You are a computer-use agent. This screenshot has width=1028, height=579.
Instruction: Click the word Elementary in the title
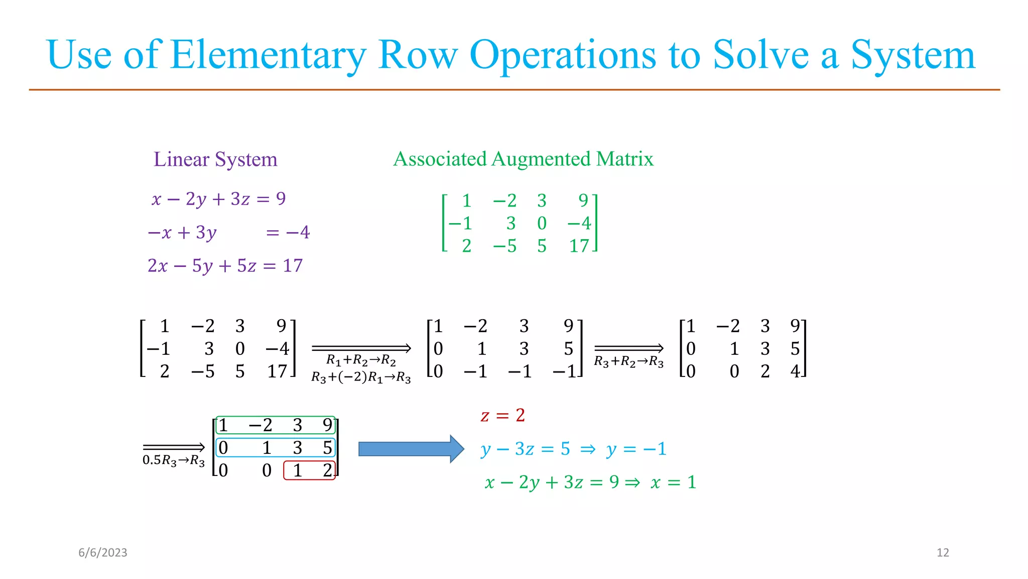tap(269, 55)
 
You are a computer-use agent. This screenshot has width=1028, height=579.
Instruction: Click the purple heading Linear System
tap(215, 159)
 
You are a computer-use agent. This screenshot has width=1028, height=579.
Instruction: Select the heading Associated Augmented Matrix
tap(523, 159)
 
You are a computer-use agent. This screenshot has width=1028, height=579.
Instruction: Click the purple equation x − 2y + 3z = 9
tap(219, 199)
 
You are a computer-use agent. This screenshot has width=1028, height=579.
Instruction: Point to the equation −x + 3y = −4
tap(229, 232)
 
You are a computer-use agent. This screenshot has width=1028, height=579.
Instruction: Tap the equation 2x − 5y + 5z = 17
tap(225, 265)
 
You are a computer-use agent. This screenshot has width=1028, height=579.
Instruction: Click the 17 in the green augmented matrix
tap(579, 246)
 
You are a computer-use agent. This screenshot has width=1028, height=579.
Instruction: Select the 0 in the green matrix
tap(542, 223)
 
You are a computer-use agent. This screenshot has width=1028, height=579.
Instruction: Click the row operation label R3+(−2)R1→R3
tap(361, 377)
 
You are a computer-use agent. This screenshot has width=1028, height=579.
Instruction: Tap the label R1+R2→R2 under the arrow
tap(361, 360)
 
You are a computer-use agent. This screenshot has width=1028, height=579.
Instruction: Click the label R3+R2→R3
tap(628, 361)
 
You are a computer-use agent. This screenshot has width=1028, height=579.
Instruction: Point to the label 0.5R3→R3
tap(174, 460)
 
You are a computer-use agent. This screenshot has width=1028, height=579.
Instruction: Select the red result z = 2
tap(503, 416)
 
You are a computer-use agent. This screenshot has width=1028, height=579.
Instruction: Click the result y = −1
tap(636, 449)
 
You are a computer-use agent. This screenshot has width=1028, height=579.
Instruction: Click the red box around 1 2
tap(310, 470)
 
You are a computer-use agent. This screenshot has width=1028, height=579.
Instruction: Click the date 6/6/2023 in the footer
tap(103, 553)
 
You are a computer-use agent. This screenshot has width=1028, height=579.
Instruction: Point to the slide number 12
tap(943, 553)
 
